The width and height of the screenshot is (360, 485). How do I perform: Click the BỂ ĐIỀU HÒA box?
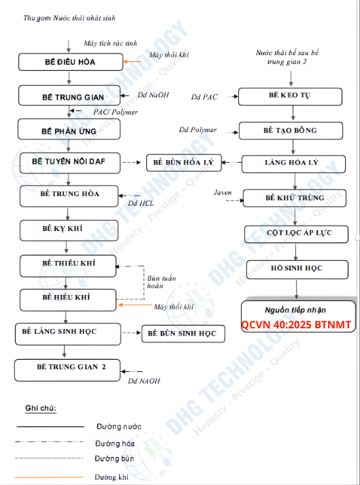[x=71, y=62]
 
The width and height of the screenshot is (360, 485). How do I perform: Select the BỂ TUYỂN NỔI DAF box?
[x=70, y=163]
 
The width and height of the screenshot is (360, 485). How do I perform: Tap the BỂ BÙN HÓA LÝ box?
[x=184, y=162]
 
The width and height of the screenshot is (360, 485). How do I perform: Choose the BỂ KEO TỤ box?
[x=290, y=97]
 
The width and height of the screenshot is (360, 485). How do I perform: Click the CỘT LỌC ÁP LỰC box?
[x=296, y=234]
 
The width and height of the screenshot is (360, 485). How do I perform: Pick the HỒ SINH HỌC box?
[x=297, y=270]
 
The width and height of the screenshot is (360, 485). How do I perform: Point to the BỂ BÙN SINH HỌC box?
[x=183, y=334]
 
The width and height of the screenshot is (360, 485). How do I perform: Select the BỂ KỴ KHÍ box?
[x=69, y=230]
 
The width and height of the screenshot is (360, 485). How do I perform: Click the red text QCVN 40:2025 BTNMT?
[x=296, y=325]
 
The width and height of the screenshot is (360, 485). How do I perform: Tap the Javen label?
[x=223, y=193]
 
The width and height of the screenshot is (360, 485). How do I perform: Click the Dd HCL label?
[x=141, y=204]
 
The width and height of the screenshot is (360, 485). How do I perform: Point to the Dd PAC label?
[x=204, y=97]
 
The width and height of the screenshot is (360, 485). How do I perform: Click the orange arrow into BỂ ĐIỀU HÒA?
[x=133, y=61]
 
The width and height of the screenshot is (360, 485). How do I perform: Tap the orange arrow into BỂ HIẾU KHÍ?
[x=135, y=304]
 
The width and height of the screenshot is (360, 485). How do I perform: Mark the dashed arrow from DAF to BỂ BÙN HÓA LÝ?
[x=131, y=162]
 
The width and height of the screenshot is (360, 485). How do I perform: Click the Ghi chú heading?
[x=40, y=409]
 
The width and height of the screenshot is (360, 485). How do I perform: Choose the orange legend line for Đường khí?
[x=49, y=478]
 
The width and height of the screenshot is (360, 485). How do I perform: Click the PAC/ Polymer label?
[x=116, y=112]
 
